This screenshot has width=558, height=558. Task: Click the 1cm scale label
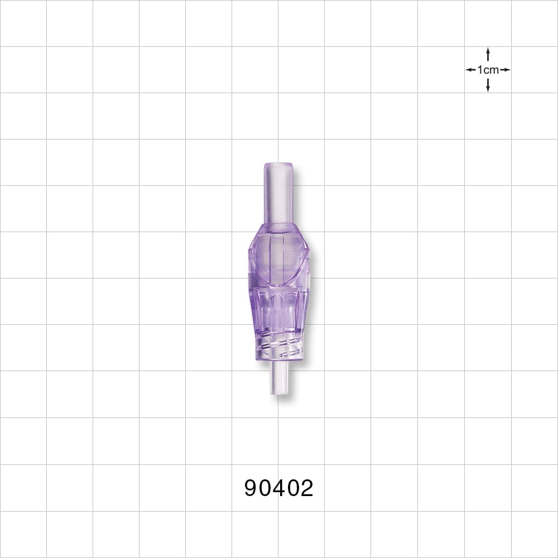pyautogui.click(x=488, y=70)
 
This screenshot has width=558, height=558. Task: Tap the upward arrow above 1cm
pyautogui.click(x=488, y=54)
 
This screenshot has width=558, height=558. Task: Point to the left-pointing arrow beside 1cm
pyautogui.click(x=471, y=70)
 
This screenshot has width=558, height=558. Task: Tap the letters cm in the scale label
pyautogui.click(x=491, y=70)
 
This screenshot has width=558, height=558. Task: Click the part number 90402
pyautogui.click(x=278, y=488)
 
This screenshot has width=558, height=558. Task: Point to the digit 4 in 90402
pyautogui.click(x=278, y=488)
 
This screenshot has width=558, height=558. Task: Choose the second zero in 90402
pyautogui.click(x=292, y=488)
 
